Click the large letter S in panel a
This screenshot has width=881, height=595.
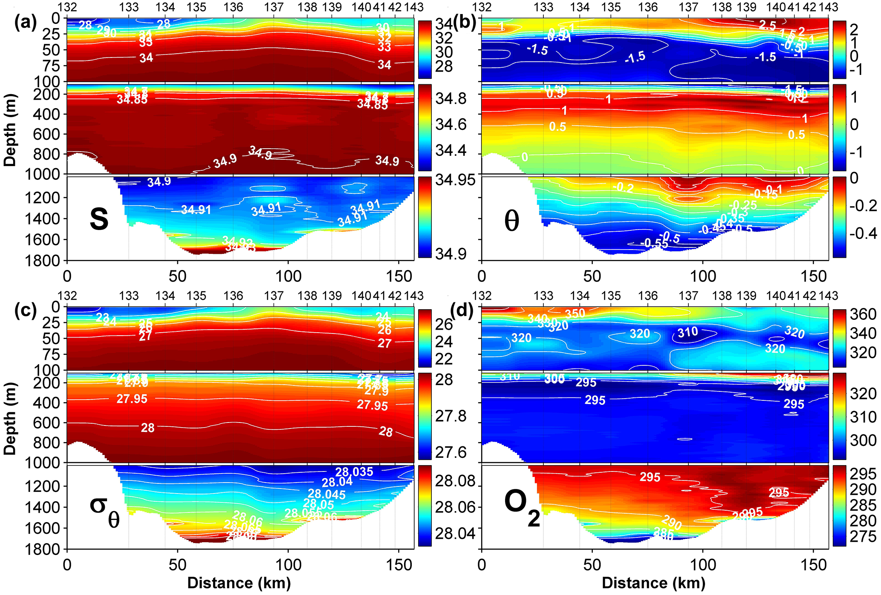[x=99, y=220]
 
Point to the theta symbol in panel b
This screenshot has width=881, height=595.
[x=511, y=221]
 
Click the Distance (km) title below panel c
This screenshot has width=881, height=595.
[x=239, y=583]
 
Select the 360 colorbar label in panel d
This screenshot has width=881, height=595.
[x=863, y=314]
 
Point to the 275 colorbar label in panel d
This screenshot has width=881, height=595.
[x=863, y=536]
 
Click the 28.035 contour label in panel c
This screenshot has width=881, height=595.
[x=354, y=472]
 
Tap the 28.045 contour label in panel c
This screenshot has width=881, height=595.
[x=326, y=494]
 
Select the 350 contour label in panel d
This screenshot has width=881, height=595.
[x=575, y=313]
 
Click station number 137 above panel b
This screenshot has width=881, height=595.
[x=688, y=7]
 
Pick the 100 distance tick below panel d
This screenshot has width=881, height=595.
[x=703, y=565]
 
